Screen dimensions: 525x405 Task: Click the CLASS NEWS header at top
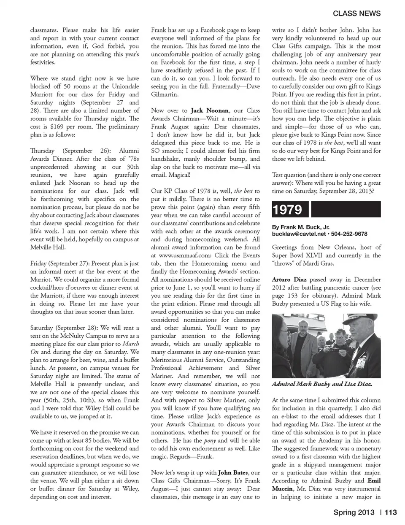click(x=356, y=13)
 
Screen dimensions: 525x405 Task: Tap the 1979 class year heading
click(x=287, y=210)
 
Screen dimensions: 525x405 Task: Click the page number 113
click(x=391, y=512)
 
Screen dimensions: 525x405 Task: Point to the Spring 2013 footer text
click(x=354, y=512)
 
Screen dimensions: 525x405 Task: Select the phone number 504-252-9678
click(x=349, y=234)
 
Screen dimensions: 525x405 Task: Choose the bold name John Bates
click(x=233, y=472)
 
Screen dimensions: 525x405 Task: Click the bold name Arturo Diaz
click(x=289, y=279)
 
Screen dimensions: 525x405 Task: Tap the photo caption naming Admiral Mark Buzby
click(x=321, y=384)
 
